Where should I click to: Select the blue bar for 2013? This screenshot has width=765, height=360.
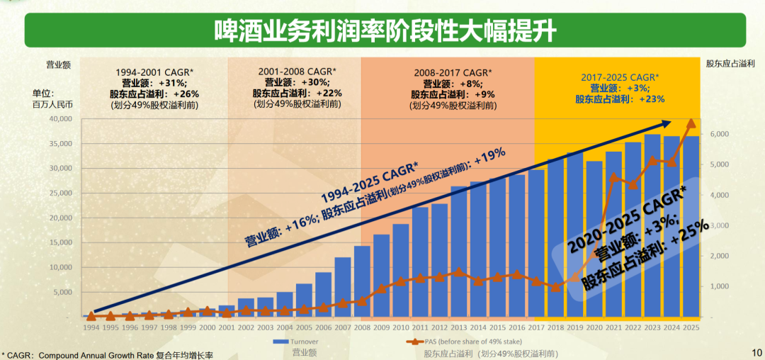point(459,252)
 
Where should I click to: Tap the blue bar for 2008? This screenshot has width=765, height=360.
point(362,281)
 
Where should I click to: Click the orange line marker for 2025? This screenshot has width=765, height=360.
point(691,123)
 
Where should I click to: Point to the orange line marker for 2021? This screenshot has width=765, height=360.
point(613,177)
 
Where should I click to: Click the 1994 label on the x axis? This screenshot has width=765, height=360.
point(91,328)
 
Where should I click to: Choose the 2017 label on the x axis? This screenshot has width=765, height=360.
point(536,328)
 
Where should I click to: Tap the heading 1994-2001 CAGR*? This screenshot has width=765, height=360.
point(154,72)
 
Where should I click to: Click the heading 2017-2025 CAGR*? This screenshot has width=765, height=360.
point(619,77)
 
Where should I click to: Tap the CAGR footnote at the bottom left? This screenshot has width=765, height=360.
point(107,354)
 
